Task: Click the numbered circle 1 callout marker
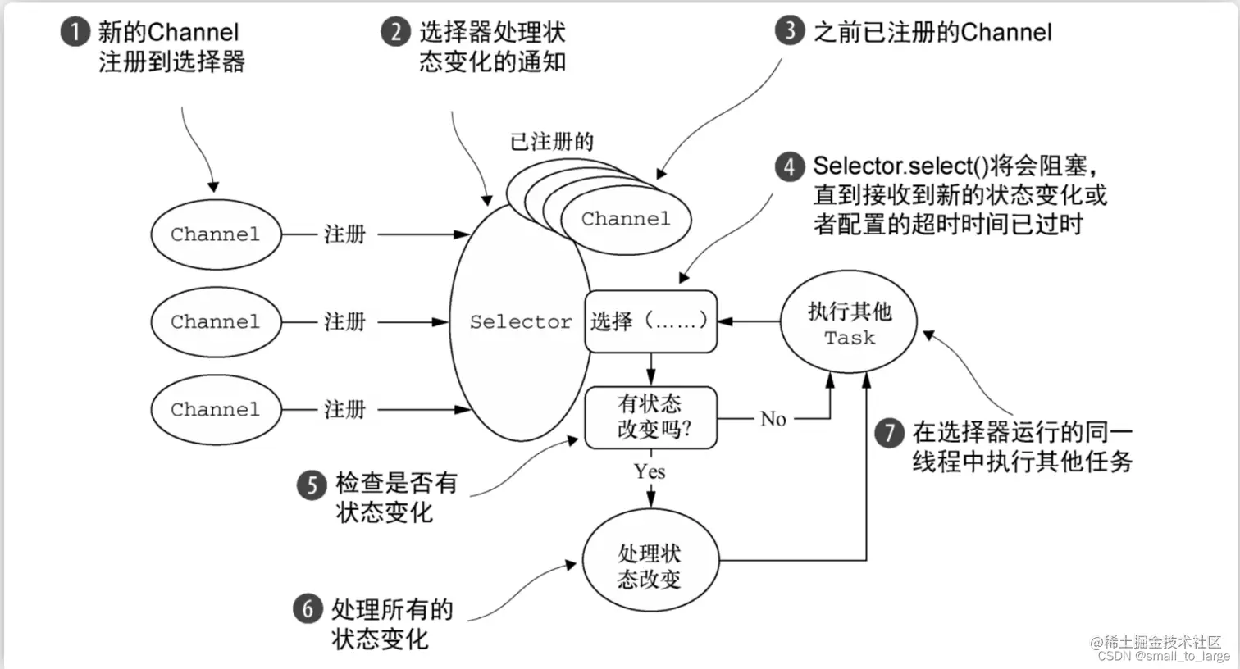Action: [75, 33]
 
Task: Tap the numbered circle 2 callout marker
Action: [395, 33]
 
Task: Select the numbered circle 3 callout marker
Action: [789, 31]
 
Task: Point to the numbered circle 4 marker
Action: [789, 166]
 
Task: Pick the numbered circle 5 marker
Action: [312, 485]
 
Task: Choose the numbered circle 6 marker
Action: [308, 609]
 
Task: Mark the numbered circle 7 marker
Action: [889, 432]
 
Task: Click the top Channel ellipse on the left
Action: [216, 234]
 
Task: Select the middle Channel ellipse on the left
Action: [216, 322]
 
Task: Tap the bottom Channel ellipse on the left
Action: [216, 410]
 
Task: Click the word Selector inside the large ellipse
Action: [520, 322]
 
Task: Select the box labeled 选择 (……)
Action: [650, 321]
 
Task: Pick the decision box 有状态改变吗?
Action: [650, 417]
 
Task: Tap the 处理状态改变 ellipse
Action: [650, 566]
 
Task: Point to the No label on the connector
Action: [773, 419]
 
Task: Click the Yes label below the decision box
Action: [649, 471]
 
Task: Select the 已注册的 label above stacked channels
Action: [551, 142]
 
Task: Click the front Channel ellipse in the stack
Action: [626, 219]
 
